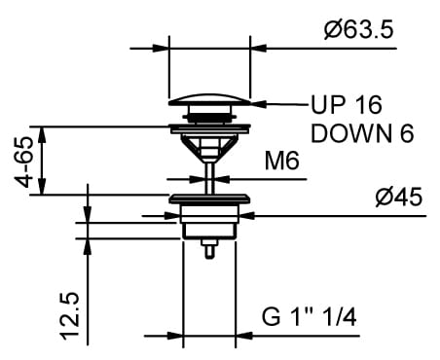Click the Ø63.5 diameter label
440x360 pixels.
click(359, 30)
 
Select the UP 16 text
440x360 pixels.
click(347, 105)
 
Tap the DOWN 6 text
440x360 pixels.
click(362, 133)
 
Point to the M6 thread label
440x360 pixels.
click(281, 161)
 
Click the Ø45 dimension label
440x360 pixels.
click(399, 197)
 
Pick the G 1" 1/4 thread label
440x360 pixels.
click(310, 317)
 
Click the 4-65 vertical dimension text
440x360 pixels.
click(25, 162)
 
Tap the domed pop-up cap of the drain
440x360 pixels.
click(209, 99)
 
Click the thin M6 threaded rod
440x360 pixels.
click(209, 178)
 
